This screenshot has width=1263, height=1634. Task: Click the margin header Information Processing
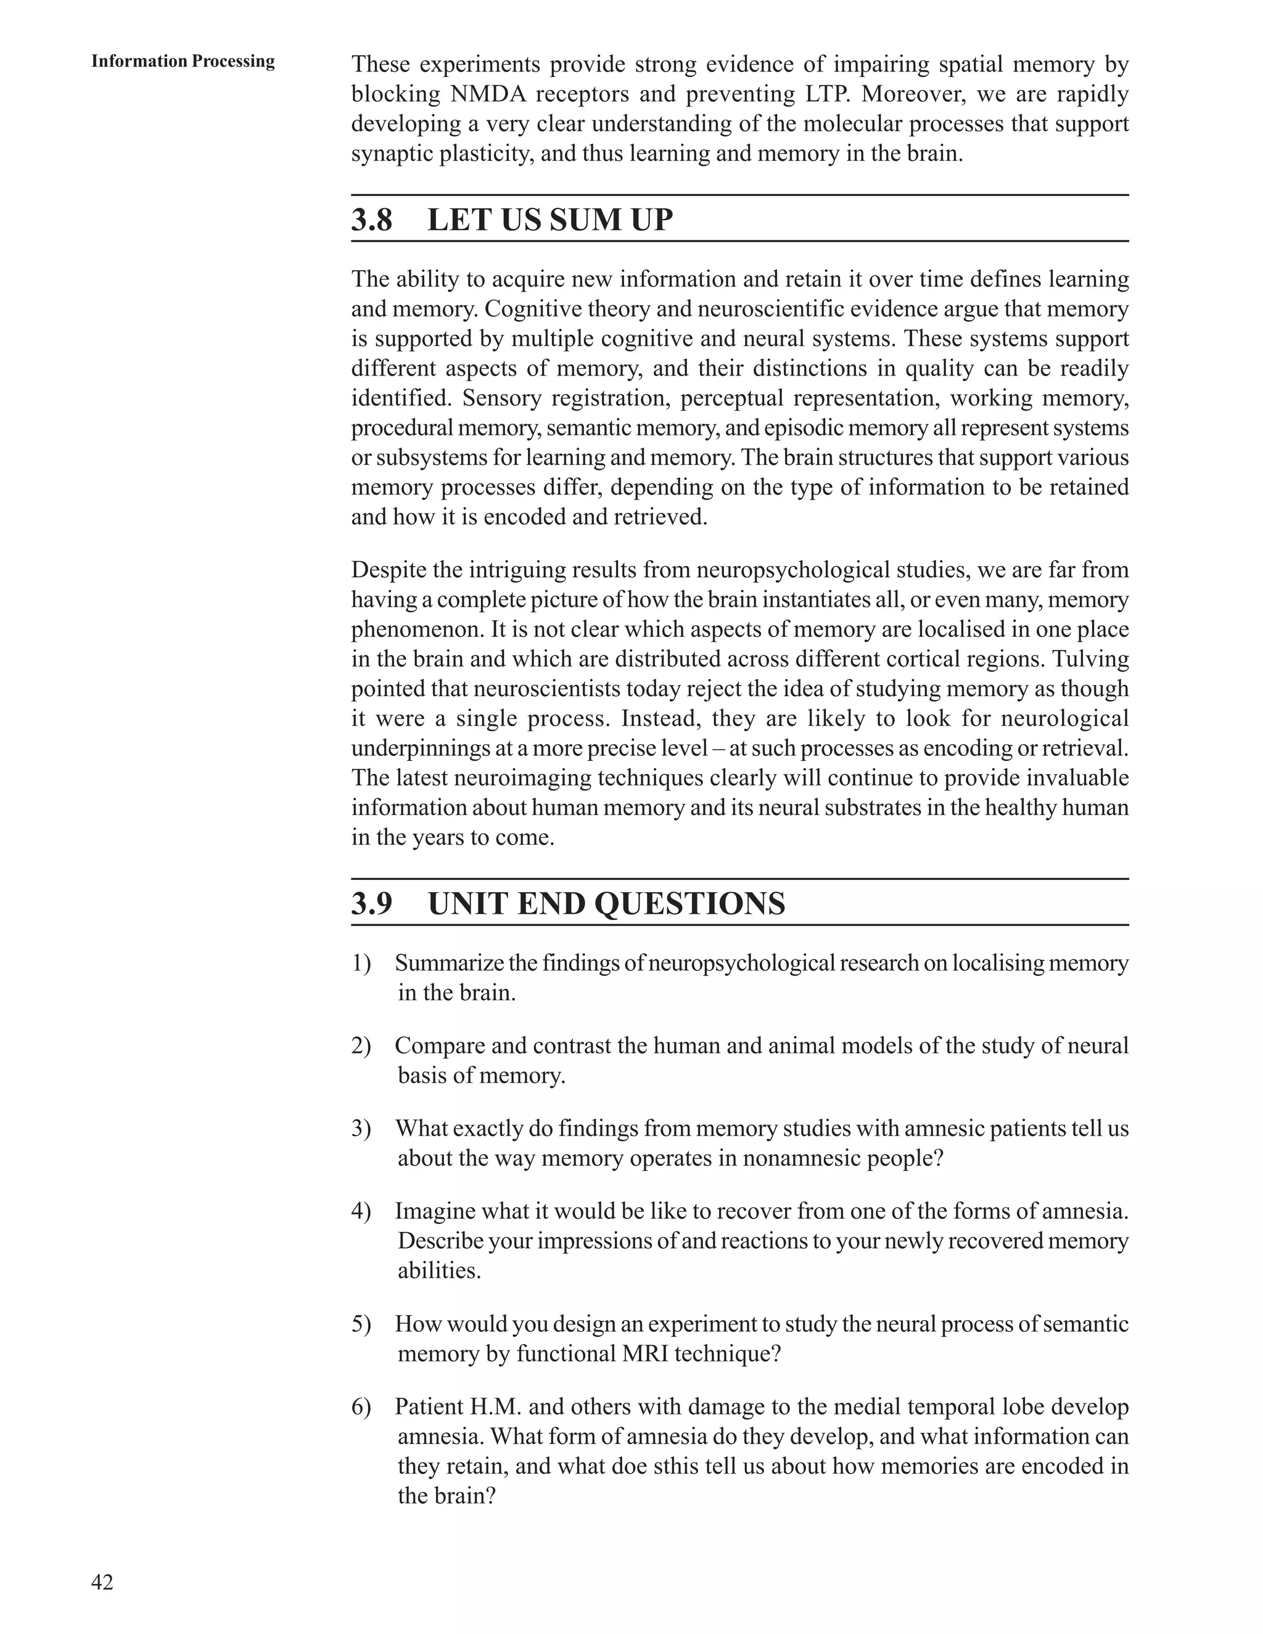point(183,61)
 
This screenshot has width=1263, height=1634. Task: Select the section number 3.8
point(372,220)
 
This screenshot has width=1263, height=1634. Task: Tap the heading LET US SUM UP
point(550,220)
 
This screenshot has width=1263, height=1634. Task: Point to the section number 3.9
point(372,904)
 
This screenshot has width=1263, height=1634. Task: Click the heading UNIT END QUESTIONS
point(606,904)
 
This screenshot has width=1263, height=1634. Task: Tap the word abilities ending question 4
point(438,1270)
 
